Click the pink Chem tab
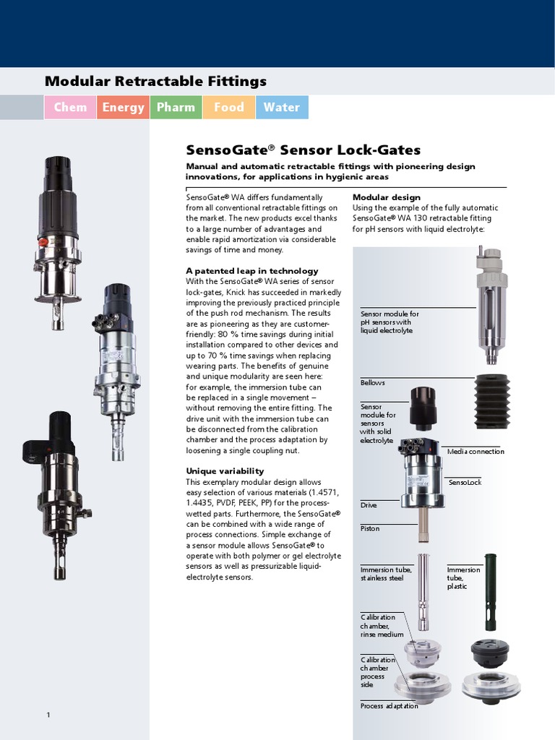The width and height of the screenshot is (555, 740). pos(70,107)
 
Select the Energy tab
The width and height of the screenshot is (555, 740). pos(123,107)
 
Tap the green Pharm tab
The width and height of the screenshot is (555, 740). pos(176,107)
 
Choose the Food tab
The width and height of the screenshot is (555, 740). pos(228,107)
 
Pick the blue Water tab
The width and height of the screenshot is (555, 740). pos(281,107)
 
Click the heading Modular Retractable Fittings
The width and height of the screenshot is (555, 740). pos(155,81)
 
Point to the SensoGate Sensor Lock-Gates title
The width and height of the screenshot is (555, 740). pos(303,150)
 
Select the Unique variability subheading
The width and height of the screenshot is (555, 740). pos(225,471)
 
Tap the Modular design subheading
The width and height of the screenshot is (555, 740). pos(386,197)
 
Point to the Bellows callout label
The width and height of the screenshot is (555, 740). pos(372,382)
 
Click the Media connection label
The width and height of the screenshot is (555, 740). pos(475,452)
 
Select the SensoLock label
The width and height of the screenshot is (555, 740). pos(465,482)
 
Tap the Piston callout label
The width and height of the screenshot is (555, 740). pos(369,529)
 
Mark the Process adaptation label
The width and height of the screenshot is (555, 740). pos(389,706)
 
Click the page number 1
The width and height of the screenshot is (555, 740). pos(48,715)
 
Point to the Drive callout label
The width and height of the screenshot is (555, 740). pos(369,505)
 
